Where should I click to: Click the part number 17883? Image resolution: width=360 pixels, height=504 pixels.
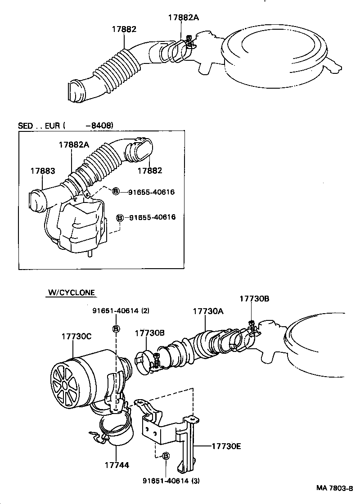point(43,171)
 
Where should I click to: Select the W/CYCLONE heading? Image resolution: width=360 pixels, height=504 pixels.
point(71,292)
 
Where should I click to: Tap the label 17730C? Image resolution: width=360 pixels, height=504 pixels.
point(76,336)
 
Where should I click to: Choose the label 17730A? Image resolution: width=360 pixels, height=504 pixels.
point(208,311)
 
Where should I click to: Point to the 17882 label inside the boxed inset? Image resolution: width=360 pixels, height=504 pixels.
point(150,171)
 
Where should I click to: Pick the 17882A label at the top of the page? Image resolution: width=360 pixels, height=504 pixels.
point(183,18)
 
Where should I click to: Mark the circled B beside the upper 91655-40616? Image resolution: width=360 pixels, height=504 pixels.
point(116,192)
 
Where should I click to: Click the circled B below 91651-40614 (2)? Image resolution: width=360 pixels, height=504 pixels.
point(116,329)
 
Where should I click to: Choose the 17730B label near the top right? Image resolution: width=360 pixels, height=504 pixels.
point(254,298)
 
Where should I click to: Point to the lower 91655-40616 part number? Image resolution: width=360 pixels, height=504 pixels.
point(152,217)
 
